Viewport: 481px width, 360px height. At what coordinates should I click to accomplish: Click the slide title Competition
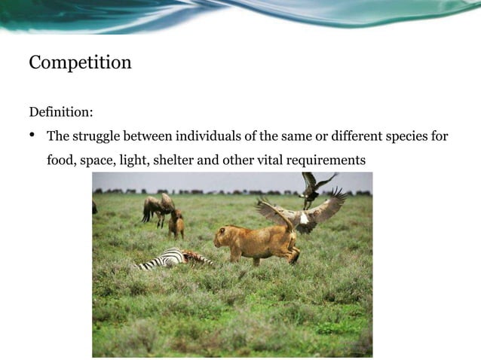click(80, 63)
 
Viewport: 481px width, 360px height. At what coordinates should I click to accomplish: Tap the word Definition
click(60, 112)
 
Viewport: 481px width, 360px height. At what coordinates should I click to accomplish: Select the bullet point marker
click(32, 136)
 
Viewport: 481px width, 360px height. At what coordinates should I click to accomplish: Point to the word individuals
click(206, 136)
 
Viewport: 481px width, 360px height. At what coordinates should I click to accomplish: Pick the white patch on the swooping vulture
click(304, 218)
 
